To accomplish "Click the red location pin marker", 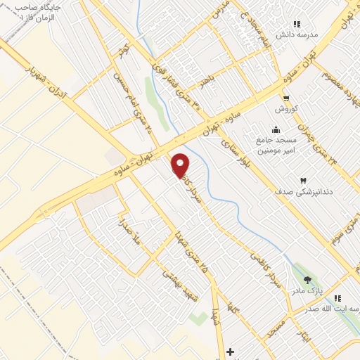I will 181,166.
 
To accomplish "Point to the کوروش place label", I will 286,109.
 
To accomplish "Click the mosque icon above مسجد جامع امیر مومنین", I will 275,129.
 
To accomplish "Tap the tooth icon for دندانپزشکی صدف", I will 304,181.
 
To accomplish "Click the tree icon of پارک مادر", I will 307,279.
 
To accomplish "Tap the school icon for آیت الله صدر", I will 338,298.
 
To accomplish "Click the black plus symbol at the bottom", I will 229,350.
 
